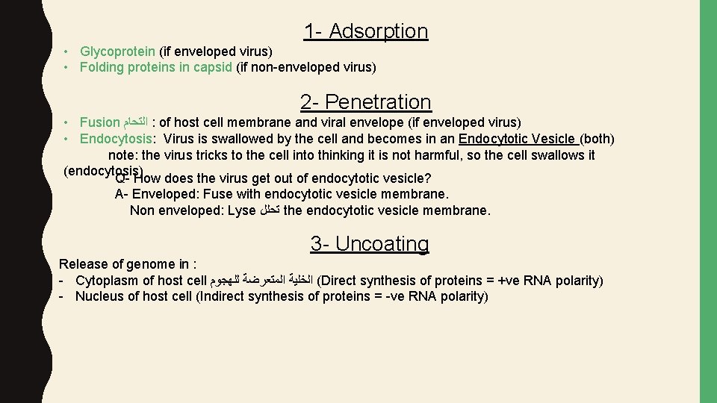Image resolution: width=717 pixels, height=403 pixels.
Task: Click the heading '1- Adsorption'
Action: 365,31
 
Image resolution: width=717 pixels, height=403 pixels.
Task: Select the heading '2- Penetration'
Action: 365,101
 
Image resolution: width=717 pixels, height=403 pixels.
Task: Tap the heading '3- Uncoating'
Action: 370,244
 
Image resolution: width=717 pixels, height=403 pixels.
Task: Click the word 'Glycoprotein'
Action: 118,51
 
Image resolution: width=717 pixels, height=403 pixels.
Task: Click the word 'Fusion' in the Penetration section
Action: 99,122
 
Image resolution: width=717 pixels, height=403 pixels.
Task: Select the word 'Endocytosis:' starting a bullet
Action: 118,139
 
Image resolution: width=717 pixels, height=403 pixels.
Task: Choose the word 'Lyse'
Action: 241,210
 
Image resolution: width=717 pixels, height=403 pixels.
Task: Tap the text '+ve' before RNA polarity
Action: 512,281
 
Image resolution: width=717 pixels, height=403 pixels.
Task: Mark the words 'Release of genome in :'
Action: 128,264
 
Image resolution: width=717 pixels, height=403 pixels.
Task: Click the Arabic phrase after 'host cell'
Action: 261,281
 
